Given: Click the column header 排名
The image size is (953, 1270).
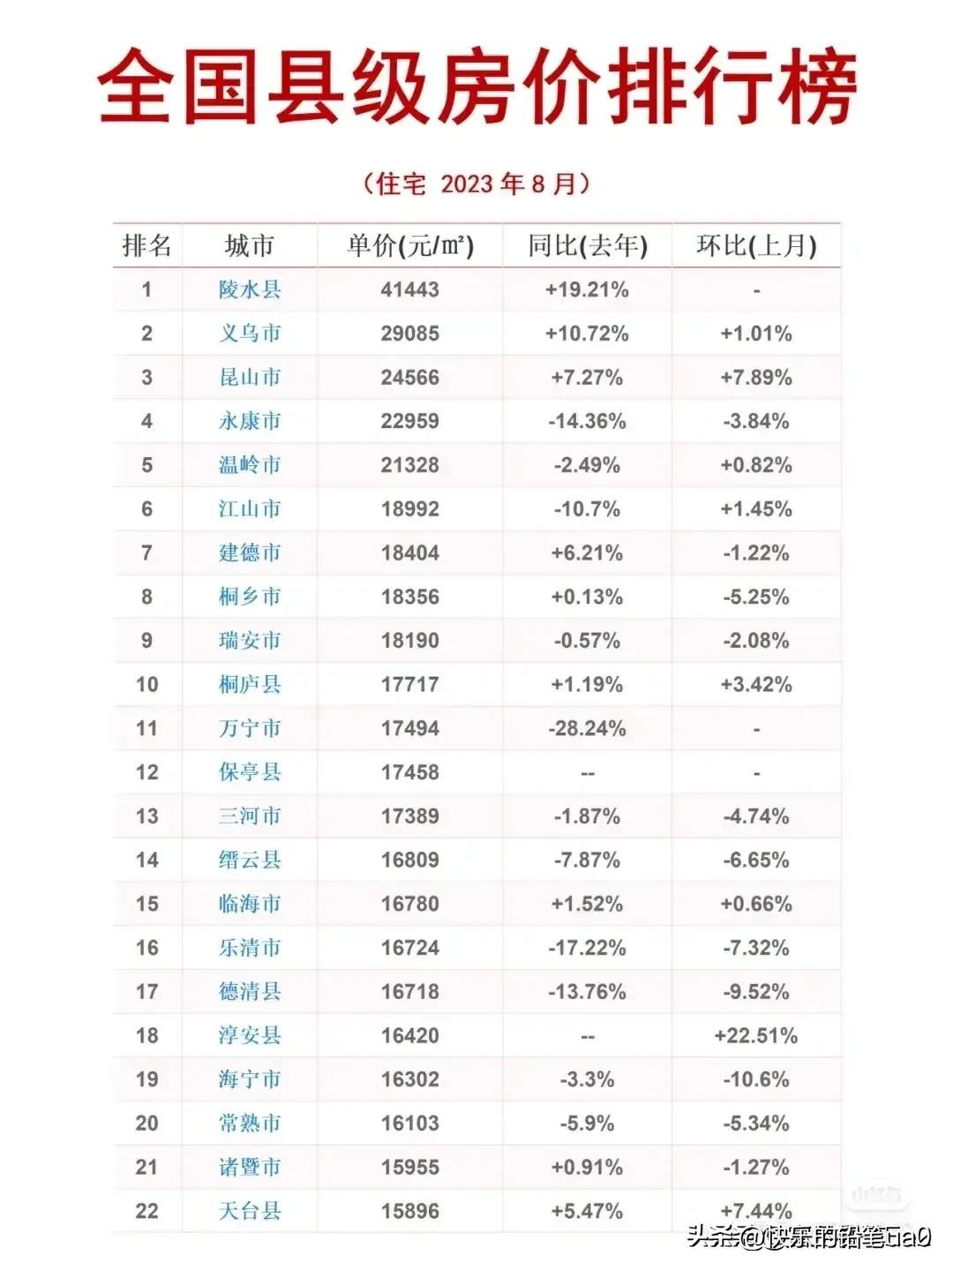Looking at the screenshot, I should coord(146,245).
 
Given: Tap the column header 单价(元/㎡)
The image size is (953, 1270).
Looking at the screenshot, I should coord(409,245).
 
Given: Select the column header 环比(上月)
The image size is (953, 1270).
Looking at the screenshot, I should coord(756,245).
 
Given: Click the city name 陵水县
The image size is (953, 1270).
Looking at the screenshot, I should coord(250,289).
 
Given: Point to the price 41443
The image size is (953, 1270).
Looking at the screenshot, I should coord(409,289).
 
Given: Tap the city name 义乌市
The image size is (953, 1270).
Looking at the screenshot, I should coord(250,334).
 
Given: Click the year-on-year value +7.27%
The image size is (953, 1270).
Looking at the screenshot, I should coord(587,378).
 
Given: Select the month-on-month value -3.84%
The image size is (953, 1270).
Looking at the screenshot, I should coord(756,421).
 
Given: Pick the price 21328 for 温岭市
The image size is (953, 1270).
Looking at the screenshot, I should coord(409,465).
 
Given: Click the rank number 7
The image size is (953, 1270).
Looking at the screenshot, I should coord(146,553).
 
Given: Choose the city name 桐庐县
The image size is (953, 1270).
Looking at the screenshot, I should coord(250,685).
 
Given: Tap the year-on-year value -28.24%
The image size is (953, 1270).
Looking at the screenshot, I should coord(587,729).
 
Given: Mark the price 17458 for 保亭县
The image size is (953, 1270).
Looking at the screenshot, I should coord(409,772).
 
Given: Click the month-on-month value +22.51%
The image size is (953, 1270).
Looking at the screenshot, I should coord(756,1035).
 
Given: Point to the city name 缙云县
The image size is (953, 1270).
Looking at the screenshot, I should coord(250,860).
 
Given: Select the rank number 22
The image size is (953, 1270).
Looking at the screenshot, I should coord(146,1211).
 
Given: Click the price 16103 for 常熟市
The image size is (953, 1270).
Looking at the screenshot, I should coord(409,1123).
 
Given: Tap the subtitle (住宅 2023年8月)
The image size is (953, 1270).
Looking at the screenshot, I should coord(476,184).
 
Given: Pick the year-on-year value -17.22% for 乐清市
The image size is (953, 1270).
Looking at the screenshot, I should coord(587,948).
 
